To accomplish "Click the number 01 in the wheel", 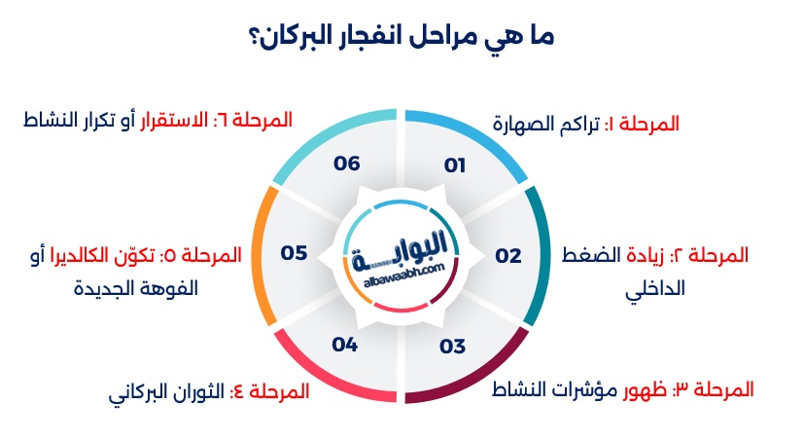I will pos(455,165).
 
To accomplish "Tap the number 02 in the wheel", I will pos(508,256).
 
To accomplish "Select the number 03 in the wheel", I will pos(453,346).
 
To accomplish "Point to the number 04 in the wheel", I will pos(345,345).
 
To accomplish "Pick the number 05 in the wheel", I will pos(295,253).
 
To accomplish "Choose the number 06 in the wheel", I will pos(347,164).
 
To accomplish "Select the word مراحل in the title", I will pos(464,39).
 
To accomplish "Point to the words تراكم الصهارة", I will pos(545,124).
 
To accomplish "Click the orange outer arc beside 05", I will pos(261,255).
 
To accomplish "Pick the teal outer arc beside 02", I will pos(540,255).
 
